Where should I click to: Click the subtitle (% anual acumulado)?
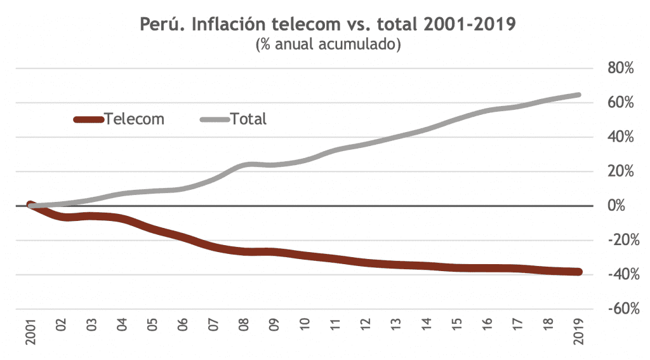[328, 46]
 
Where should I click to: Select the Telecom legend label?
[135, 119]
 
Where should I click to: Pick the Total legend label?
[248, 119]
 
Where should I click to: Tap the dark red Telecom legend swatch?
[89, 119]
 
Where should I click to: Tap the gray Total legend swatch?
[215, 119]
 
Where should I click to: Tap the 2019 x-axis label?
[579, 333]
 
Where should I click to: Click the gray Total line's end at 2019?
[578, 95]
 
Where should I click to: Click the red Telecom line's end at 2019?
[578, 272]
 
